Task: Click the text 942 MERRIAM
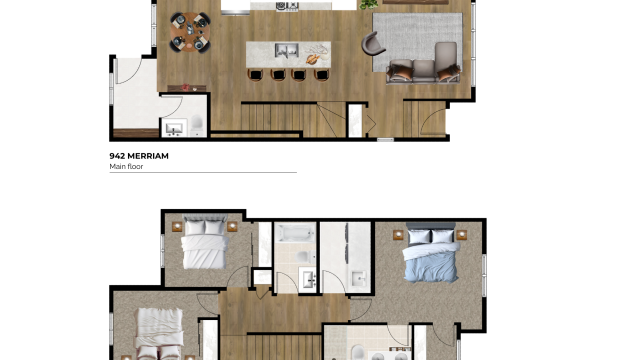tap(139, 156)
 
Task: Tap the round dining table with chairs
tap(190, 30)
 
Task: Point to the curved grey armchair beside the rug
tap(373, 44)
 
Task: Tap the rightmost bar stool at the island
tap(321, 74)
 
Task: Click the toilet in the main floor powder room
tap(197, 124)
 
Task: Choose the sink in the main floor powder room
tap(174, 127)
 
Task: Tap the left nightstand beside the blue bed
tap(399, 236)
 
